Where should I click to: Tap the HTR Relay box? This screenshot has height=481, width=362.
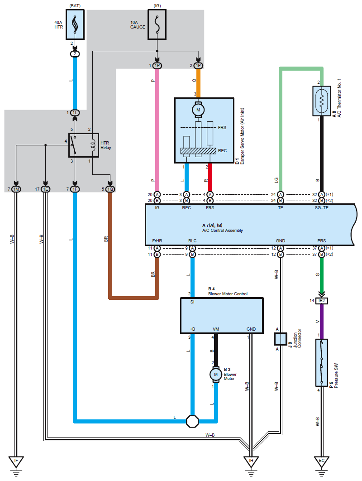[x=83, y=144]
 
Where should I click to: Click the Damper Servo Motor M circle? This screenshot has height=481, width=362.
[x=198, y=109]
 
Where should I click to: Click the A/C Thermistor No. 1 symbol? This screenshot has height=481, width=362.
[x=321, y=101]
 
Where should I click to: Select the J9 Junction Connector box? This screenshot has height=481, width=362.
[x=281, y=338]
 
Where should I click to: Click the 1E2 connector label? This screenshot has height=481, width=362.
[x=322, y=301]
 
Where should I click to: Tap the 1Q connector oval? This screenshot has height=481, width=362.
[x=110, y=189]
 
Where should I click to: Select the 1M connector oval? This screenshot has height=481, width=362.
[x=16, y=189]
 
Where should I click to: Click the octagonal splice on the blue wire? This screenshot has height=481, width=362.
[x=193, y=421]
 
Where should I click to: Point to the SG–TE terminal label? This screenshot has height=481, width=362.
[x=321, y=208]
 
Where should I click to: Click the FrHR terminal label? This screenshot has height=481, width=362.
[x=157, y=240]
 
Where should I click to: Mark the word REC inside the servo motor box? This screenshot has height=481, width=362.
[x=223, y=150]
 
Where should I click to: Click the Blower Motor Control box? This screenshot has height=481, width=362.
[x=222, y=316]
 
